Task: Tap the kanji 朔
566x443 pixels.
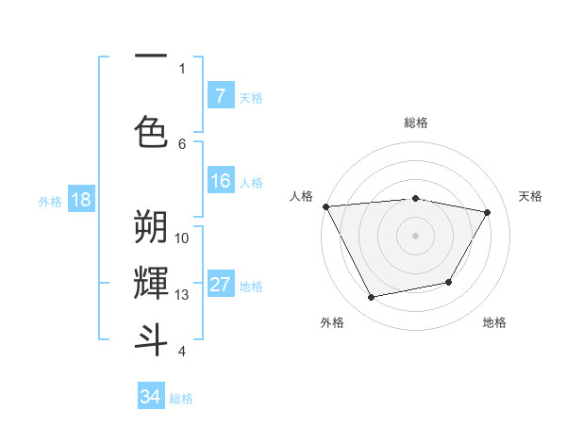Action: [151, 227]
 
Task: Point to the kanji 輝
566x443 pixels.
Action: [151, 283]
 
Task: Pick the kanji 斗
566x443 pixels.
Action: [151, 338]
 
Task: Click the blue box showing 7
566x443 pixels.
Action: [220, 95]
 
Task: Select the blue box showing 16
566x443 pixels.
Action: [220, 182]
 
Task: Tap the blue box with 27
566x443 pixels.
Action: [220, 286]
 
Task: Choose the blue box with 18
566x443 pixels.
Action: [80, 200]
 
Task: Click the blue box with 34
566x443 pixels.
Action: [151, 397]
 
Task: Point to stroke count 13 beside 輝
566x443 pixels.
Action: [182, 295]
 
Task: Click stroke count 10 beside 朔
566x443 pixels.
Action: [182, 238]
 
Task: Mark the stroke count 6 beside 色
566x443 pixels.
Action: [182, 143]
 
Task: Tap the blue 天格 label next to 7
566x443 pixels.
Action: [251, 97]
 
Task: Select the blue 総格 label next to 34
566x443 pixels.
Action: [181, 399]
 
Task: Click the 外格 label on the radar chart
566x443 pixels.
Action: [332, 322]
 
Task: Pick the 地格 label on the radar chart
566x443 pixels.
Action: [494, 322]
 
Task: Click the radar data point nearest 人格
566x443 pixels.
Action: [325, 206]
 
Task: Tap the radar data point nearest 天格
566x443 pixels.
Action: [487, 213]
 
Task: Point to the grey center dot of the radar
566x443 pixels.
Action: [415, 235]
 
